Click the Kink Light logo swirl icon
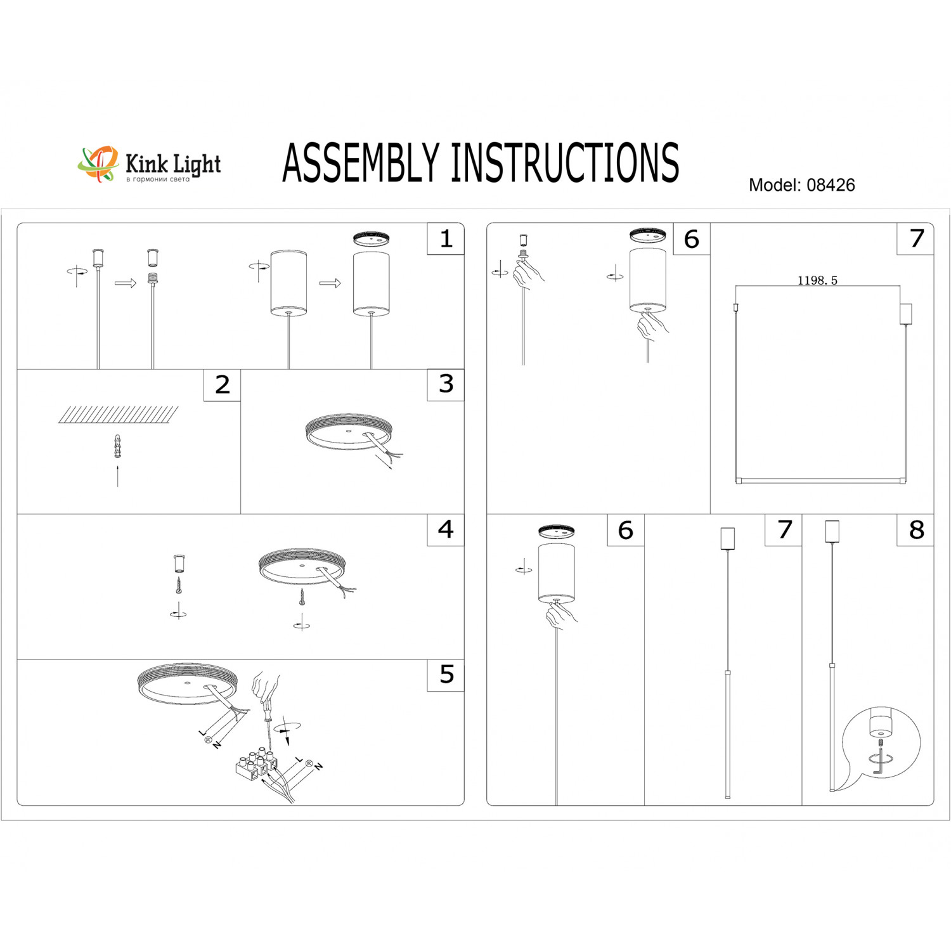[98, 164]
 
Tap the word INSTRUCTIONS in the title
[564, 163]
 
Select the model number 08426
[831, 185]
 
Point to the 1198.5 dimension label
[817, 280]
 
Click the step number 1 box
[446, 239]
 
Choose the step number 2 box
[222, 385]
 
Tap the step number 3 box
[446, 385]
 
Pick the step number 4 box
[446, 530]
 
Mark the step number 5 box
[446, 675]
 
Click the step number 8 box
[915, 530]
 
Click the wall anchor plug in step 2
[117, 446]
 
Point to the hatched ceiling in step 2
[119, 415]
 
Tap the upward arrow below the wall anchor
[118, 475]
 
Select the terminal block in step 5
[256, 766]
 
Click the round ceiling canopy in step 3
[348, 432]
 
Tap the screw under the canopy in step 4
[302, 596]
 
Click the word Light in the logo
[197, 164]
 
